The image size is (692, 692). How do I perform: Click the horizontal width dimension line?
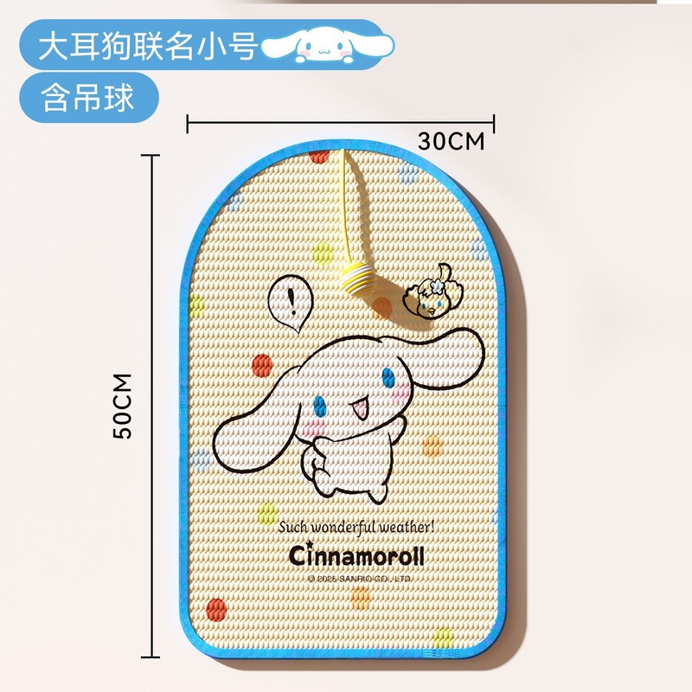(x=342, y=122)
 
